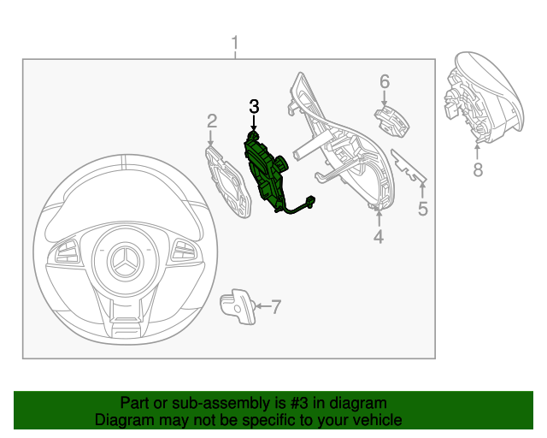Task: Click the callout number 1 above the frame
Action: [235, 43]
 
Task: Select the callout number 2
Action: [212, 123]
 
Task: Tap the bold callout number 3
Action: [253, 107]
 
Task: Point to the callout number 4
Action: [379, 235]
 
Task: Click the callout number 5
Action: [422, 208]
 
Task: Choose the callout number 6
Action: [385, 82]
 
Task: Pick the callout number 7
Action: [275, 305]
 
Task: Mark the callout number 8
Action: [478, 169]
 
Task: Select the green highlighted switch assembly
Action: [267, 172]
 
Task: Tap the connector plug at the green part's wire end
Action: [309, 203]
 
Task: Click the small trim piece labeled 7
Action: [238, 305]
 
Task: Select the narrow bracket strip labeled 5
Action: [409, 166]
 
